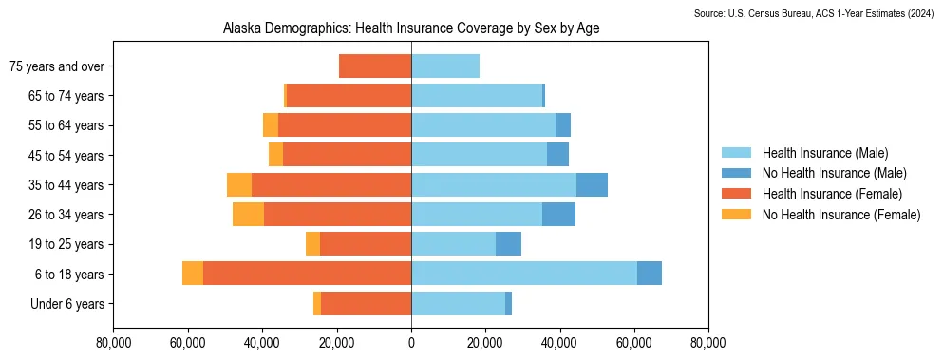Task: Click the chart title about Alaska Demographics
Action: pyautogui.click(x=410, y=29)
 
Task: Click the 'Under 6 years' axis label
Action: pyautogui.click(x=72, y=304)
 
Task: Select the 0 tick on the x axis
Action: pyautogui.click(x=411, y=343)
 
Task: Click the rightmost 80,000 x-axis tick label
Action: pyautogui.click(x=708, y=343)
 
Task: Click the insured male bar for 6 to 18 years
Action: pyautogui.click(x=523, y=274)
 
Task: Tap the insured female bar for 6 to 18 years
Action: pyautogui.click(x=307, y=274)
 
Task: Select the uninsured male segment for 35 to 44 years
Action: pyautogui.click(x=592, y=185)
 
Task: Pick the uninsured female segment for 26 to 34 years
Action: pyautogui.click(x=248, y=215)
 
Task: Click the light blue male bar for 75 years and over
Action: pyautogui.click(x=444, y=66)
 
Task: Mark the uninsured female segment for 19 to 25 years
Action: pyautogui.click(x=312, y=244)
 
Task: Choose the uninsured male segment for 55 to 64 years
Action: pyautogui.click(x=563, y=125)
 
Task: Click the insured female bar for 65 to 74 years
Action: pyautogui.click(x=349, y=96)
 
